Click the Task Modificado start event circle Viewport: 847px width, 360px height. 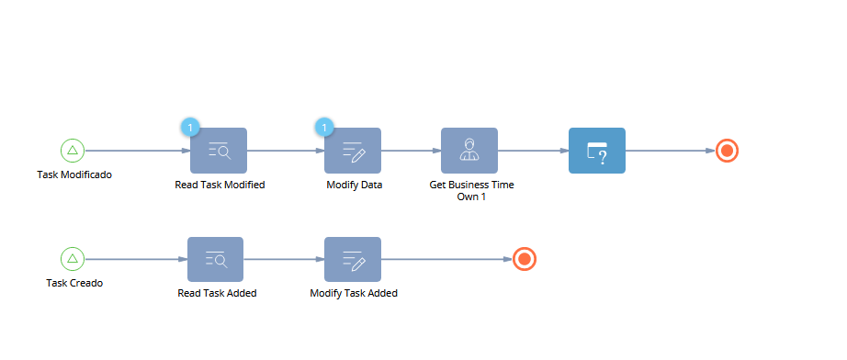[x=73, y=151]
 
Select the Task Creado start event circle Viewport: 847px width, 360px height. [x=73, y=259]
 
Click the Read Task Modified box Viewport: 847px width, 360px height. [x=219, y=151]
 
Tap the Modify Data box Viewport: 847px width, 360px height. [x=353, y=151]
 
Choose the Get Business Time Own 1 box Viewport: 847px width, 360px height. [x=469, y=151]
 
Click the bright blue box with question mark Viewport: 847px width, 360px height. [x=597, y=151]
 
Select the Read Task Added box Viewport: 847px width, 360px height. [x=216, y=259]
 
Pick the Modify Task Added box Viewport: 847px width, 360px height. [x=353, y=259]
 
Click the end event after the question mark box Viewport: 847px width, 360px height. [x=727, y=151]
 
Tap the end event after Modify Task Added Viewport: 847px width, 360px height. [x=524, y=259]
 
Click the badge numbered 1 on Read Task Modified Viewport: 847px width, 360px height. [x=190, y=128]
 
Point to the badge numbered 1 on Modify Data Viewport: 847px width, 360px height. [x=324, y=128]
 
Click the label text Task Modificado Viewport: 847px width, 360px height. [x=74, y=174]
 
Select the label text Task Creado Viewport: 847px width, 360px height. [x=74, y=283]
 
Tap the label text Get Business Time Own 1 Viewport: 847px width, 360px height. [x=471, y=190]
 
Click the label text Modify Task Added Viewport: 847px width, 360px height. [x=354, y=294]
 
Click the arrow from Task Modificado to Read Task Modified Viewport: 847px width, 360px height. [x=138, y=151]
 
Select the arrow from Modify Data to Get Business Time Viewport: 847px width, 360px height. [x=411, y=151]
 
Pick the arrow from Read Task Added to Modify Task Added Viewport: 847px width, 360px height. [x=284, y=259]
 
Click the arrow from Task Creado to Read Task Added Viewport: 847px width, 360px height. [x=136, y=259]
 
